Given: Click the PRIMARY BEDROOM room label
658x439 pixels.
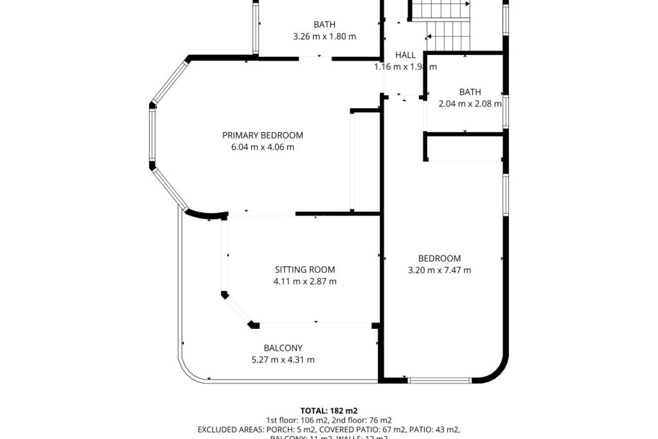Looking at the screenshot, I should [x=263, y=135].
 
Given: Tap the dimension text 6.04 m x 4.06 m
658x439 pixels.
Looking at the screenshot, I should [x=263, y=147].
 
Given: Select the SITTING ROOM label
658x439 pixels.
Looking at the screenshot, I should [x=305, y=270].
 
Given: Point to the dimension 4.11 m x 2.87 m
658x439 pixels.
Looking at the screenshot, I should [x=305, y=282].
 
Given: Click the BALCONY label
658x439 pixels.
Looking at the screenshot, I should [x=283, y=348].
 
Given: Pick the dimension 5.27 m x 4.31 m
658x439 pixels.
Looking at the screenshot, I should [x=283, y=360].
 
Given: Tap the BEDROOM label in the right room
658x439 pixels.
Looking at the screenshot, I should [x=439, y=259].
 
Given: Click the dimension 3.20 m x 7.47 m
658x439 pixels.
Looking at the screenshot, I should [x=439, y=270].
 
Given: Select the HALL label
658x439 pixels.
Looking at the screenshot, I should [x=405, y=55].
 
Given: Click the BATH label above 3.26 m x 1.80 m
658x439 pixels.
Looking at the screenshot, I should [x=325, y=25].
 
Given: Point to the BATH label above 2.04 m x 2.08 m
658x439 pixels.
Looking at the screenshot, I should [x=470, y=92].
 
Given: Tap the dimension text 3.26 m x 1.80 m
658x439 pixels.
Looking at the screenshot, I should [x=325, y=36].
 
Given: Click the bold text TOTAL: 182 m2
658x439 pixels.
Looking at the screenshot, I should [x=329, y=411].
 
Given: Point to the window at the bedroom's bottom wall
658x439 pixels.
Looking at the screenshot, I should [x=440, y=380].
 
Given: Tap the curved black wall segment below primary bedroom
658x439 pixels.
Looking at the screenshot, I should [x=206, y=215].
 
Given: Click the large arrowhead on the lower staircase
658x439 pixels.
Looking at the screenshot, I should [x=429, y=37].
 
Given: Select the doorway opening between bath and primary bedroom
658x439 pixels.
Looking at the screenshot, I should [x=315, y=59].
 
